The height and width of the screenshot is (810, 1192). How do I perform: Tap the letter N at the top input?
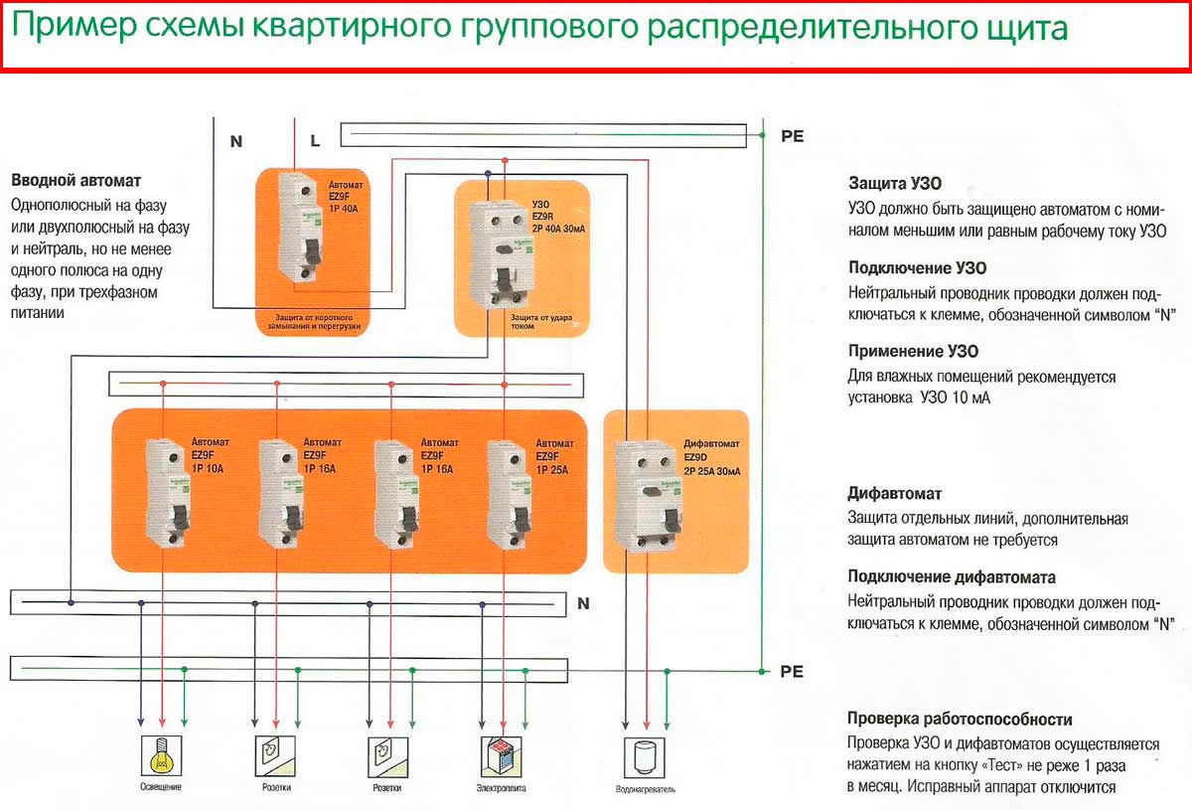[236, 141]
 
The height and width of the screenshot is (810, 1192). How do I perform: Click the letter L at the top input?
[315, 141]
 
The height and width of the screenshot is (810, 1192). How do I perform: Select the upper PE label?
[792, 136]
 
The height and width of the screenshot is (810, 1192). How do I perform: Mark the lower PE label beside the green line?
[792, 671]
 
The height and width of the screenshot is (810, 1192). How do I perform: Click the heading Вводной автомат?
[75, 181]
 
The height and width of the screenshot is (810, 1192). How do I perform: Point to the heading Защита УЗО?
[895, 184]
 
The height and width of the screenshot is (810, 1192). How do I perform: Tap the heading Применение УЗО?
[913, 351]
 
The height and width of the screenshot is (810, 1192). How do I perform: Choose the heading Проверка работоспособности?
[960, 719]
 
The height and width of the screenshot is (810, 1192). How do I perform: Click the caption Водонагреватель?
[646, 791]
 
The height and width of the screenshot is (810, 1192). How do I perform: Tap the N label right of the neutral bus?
[583, 602]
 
